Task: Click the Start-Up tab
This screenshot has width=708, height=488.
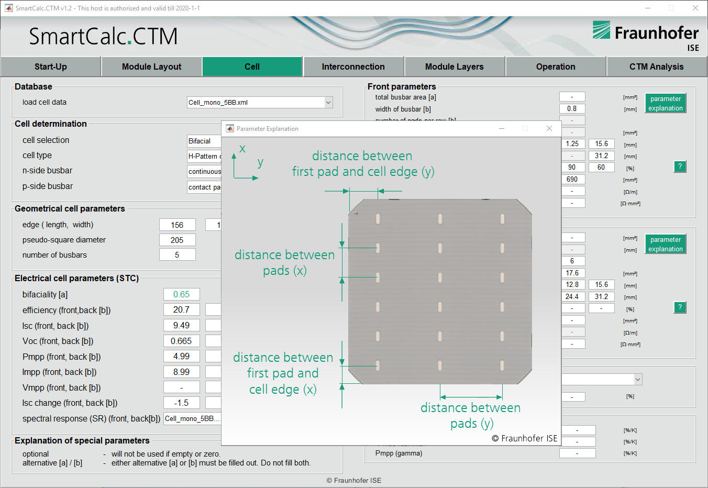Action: coord(51,66)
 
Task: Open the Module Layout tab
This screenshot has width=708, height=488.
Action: coord(151,66)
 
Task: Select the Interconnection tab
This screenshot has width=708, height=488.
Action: coord(353,66)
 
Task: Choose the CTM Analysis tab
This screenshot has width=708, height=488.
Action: coord(656,66)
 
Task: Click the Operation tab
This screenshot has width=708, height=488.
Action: coord(555,66)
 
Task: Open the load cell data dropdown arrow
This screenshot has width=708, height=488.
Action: coord(328,103)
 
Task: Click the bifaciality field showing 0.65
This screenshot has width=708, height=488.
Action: coord(181,294)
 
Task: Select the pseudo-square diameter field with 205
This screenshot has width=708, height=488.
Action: coord(177,240)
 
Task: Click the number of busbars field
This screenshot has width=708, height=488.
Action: coord(177,255)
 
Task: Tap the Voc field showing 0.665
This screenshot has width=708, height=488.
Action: coord(181,341)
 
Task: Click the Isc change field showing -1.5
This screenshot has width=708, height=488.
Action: coord(181,403)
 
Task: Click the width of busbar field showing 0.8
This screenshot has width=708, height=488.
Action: coord(572,109)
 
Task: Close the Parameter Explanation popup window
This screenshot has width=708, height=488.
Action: coord(549,128)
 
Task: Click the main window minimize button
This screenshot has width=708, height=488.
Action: coord(648,8)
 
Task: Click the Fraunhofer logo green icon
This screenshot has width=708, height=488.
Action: coord(601,30)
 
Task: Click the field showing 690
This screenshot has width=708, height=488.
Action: coord(572,179)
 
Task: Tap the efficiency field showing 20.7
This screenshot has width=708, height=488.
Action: coord(181,310)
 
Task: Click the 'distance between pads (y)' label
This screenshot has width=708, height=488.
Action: coord(470,415)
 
